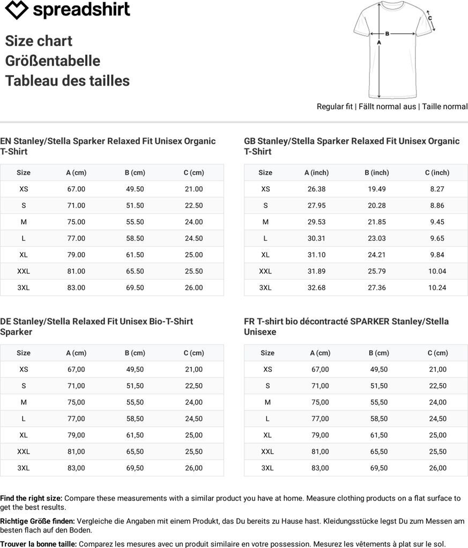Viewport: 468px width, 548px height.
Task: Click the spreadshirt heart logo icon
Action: (16, 10)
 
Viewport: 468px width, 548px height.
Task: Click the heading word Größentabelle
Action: (53, 61)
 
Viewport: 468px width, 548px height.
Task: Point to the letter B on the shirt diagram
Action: (387, 33)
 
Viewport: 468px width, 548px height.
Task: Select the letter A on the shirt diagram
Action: (379, 42)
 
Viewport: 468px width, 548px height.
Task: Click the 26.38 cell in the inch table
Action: (316, 189)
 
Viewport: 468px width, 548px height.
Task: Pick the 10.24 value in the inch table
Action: (437, 287)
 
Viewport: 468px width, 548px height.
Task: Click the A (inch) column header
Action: (316, 172)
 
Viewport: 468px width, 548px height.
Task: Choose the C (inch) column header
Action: (437, 172)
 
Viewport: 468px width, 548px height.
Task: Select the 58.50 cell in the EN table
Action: (135, 238)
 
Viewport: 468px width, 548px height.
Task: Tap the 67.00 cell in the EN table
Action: (76, 189)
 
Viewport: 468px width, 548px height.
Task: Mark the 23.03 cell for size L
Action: (377, 238)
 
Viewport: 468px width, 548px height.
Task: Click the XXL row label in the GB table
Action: (265, 271)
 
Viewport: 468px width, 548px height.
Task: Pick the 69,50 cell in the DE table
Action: (135, 468)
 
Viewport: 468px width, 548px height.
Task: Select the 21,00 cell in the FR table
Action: (437, 369)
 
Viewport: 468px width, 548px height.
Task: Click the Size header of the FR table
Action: (268, 353)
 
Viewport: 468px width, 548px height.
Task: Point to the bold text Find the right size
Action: (31, 498)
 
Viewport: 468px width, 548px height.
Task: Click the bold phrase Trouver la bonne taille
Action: (39, 544)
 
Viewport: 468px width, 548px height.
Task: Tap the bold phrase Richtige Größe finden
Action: (38, 521)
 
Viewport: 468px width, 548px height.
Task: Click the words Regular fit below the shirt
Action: (335, 106)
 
